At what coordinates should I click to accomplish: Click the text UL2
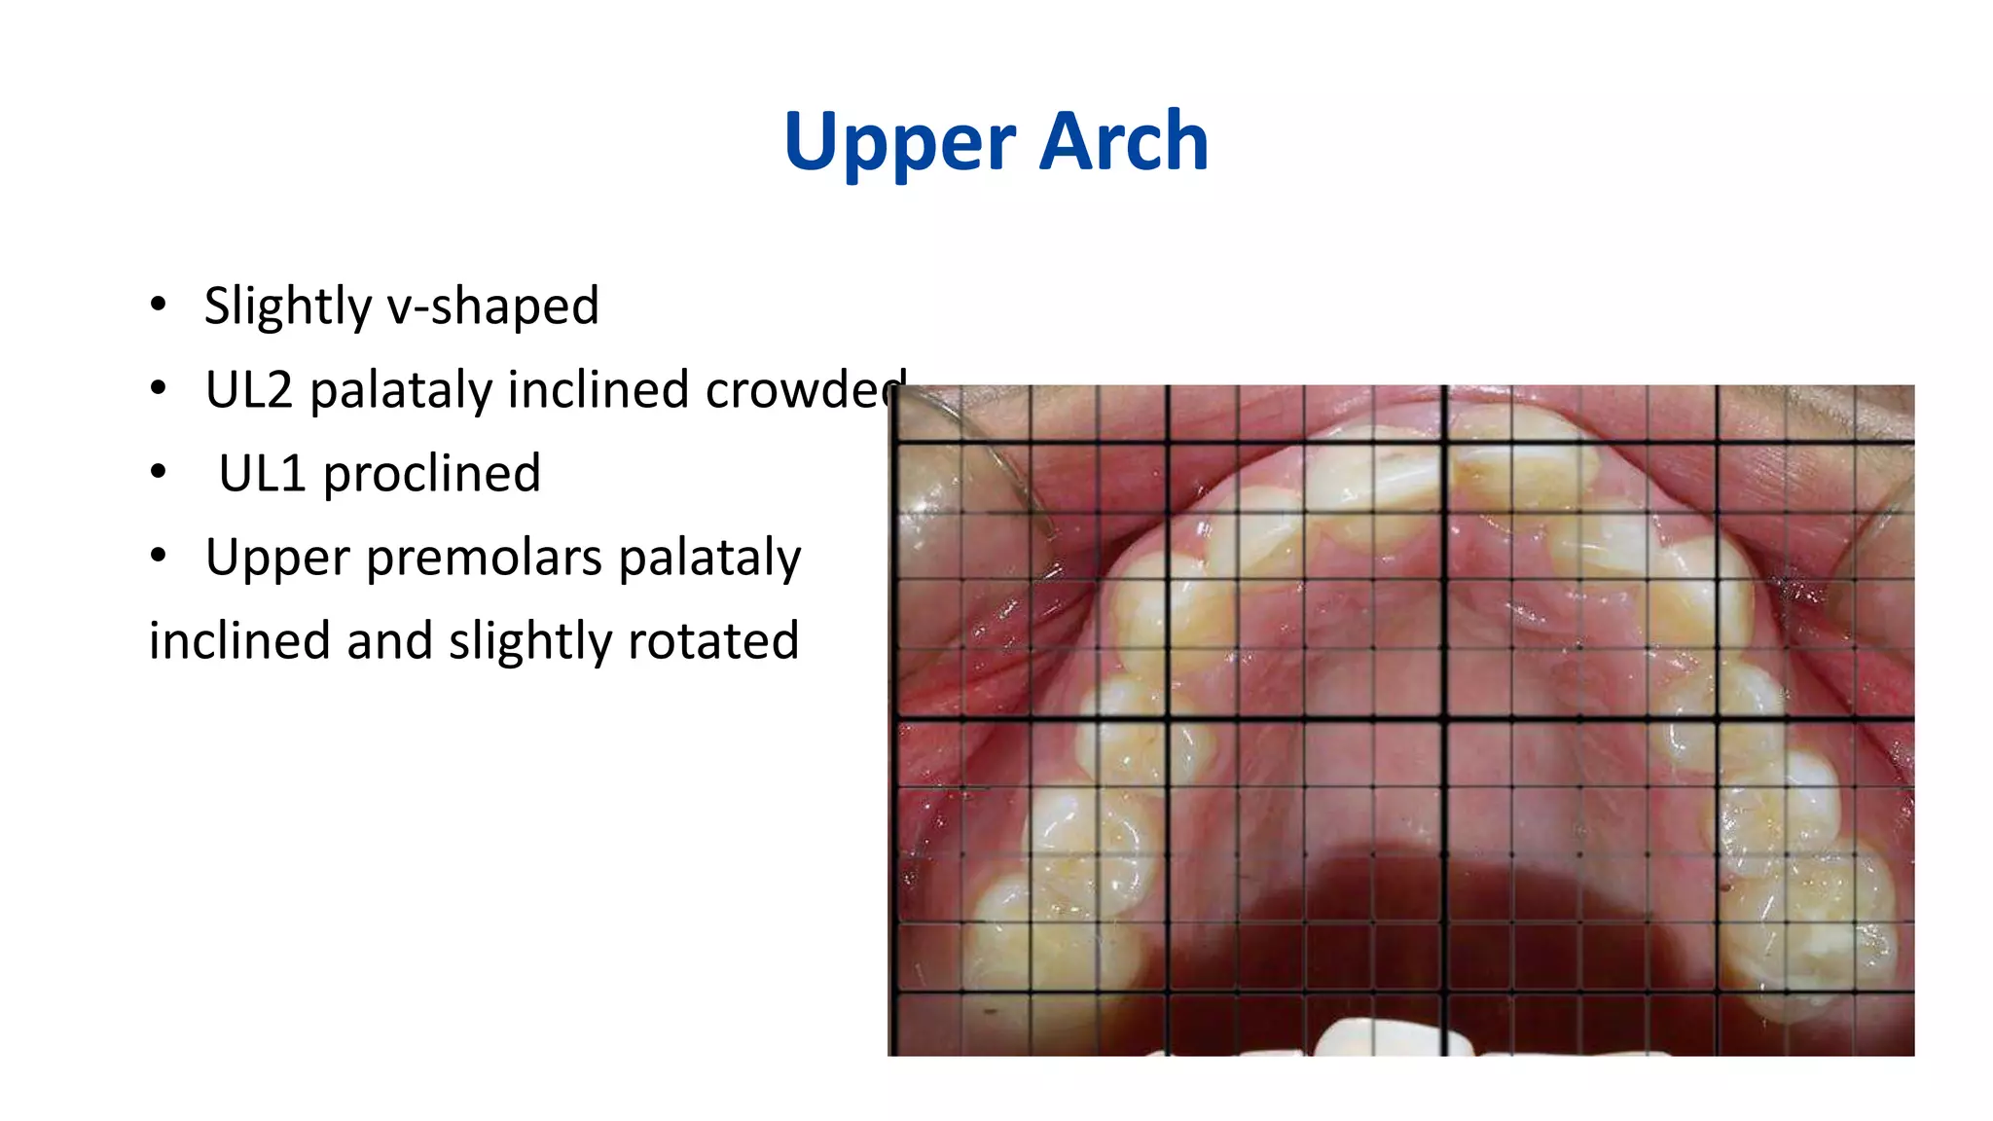click(x=248, y=389)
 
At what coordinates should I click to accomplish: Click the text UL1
click(x=262, y=473)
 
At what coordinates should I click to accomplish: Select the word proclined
click(x=431, y=473)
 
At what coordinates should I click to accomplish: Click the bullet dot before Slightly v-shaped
click(x=159, y=305)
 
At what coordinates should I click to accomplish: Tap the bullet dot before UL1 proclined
click(x=159, y=473)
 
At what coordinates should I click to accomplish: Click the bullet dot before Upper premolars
click(x=159, y=557)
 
